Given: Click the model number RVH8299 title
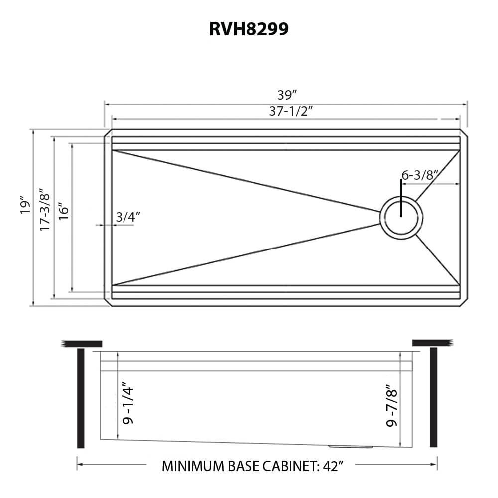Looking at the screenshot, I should (249, 29).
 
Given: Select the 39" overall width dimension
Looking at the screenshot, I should (287, 95).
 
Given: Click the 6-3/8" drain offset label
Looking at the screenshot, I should (419, 175).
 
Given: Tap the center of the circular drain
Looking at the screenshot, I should (401, 218).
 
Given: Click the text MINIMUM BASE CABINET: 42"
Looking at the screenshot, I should (253, 467).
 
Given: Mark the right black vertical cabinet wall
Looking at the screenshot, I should (433, 398).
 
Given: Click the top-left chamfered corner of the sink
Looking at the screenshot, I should (107, 133).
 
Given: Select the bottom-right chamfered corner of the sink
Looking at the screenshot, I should (464, 302).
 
